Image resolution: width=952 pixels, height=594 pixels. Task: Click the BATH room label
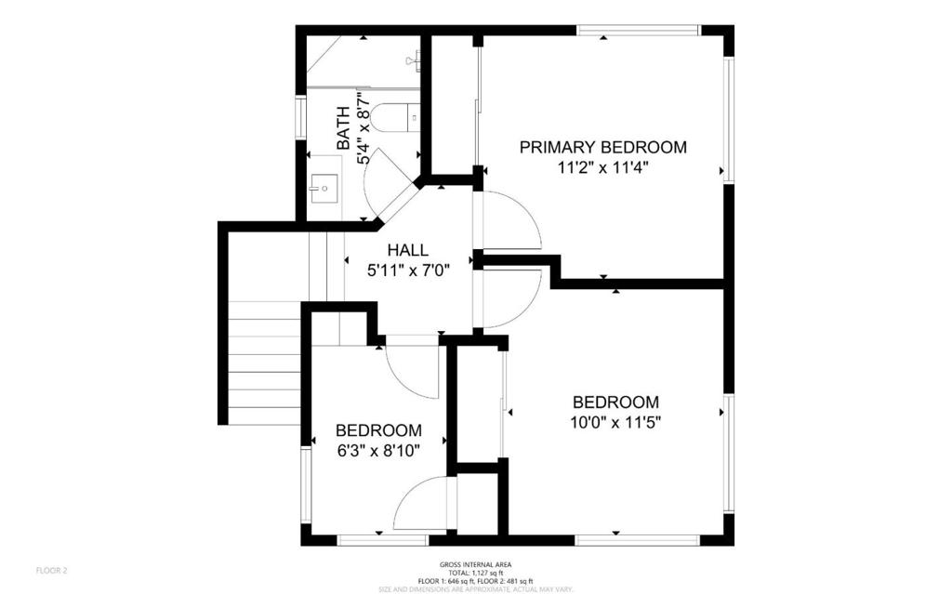[343, 128]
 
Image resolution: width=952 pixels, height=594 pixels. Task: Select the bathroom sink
[324, 187]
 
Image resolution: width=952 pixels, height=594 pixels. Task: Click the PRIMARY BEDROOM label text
[602, 147]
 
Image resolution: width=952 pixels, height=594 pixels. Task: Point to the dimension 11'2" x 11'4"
[602, 168]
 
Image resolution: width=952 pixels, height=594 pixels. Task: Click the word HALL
[408, 250]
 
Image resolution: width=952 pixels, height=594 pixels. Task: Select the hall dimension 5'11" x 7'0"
[408, 271]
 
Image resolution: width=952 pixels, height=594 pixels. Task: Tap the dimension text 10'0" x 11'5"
[615, 422]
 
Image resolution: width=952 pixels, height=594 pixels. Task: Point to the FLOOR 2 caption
[51, 570]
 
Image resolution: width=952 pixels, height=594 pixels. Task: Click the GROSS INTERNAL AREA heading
[475, 564]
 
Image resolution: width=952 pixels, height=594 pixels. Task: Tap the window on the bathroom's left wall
[300, 117]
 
